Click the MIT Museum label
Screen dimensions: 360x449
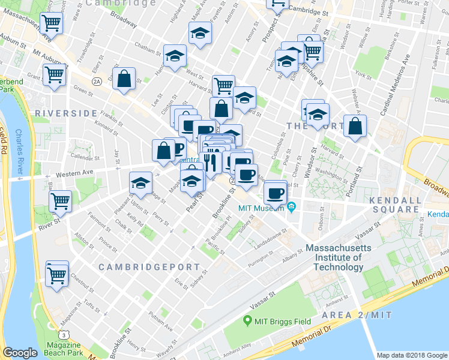click(261, 208)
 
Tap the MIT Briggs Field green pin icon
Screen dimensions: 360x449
click(247, 322)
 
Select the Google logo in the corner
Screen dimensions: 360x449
click(20, 353)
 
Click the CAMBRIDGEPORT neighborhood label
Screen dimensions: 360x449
click(140, 266)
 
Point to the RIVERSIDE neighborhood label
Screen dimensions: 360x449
click(66, 113)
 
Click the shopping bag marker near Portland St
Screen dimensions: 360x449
click(355, 127)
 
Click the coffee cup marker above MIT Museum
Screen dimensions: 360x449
click(276, 193)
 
